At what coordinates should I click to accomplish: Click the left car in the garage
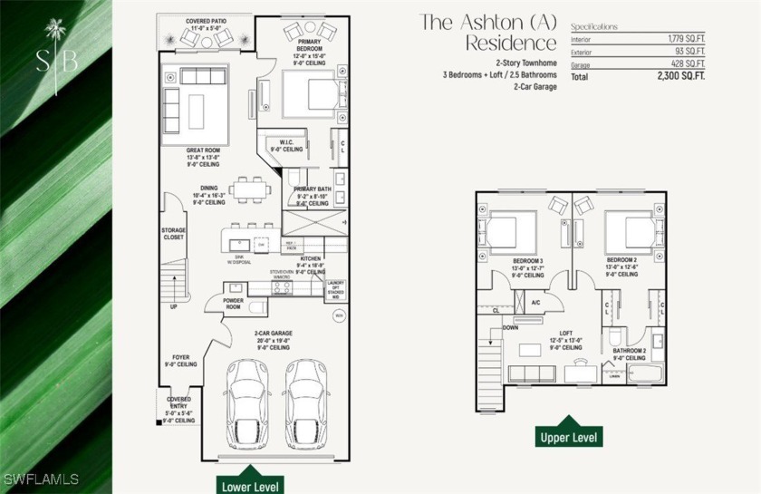(x=246, y=403)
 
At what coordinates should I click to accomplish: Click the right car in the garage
(x=304, y=403)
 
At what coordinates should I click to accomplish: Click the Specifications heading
(x=594, y=26)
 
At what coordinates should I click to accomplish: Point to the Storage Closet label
(x=173, y=235)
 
